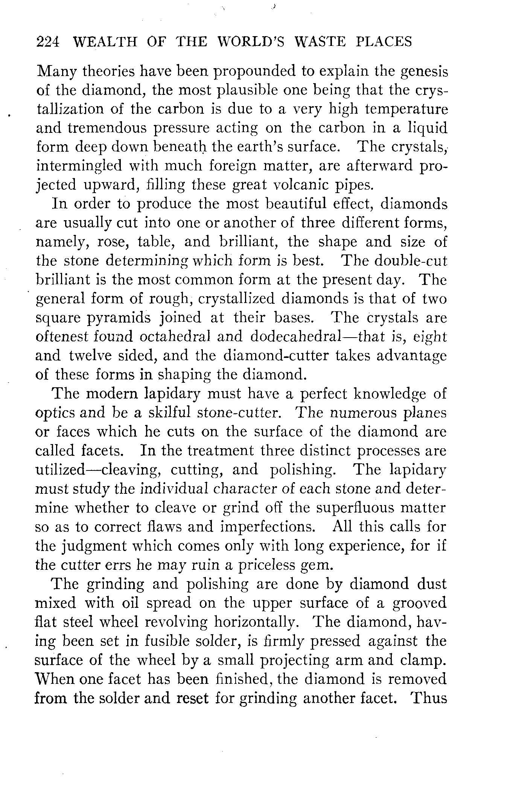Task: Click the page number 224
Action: (48, 41)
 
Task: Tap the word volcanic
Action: (303, 185)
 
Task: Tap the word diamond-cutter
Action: (276, 356)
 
